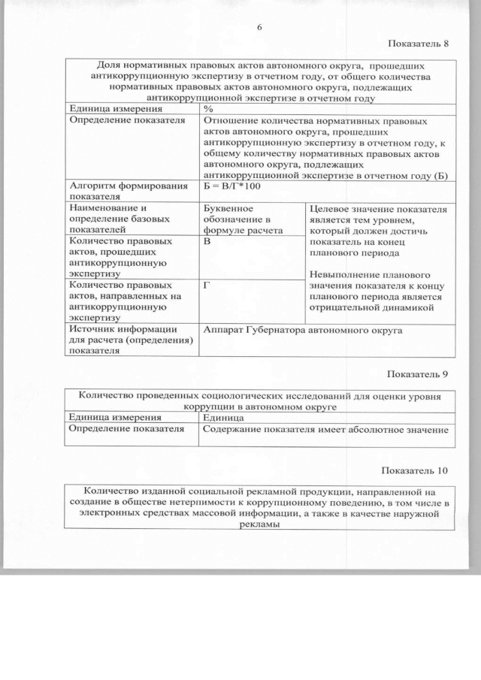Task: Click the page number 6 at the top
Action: [x=259, y=27]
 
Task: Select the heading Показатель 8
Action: [x=418, y=43]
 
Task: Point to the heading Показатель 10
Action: [x=415, y=470]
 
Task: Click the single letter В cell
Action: [x=207, y=243]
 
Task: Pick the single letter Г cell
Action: [x=207, y=286]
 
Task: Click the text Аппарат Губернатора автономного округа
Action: [x=303, y=330]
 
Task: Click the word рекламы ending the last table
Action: [x=259, y=526]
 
